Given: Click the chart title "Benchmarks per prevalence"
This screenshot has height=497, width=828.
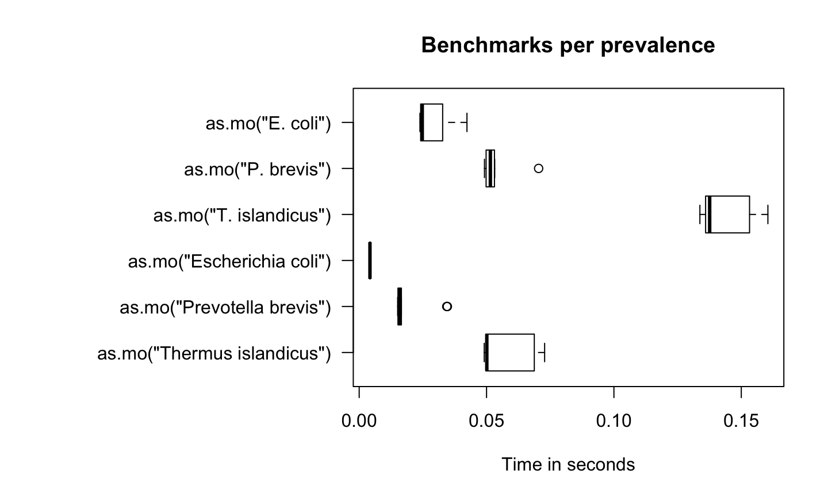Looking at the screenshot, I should [x=568, y=45].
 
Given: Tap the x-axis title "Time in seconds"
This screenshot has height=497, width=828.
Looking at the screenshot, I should [x=568, y=464].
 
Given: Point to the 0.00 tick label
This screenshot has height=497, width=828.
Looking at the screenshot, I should [x=359, y=421].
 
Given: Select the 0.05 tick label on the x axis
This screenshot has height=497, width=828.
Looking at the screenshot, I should [x=486, y=421].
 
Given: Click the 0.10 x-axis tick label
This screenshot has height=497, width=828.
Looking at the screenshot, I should [x=614, y=421].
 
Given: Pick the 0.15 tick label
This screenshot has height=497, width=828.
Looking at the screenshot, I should [x=741, y=421].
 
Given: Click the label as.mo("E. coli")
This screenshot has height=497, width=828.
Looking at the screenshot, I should [x=268, y=123].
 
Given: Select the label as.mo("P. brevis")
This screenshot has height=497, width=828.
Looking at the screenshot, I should [x=257, y=169].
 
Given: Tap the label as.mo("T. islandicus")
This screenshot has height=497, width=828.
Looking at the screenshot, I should [x=242, y=215].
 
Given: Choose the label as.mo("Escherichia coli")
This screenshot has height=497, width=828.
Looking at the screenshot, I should [x=229, y=261].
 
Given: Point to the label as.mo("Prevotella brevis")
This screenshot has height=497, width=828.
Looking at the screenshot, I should [x=225, y=307].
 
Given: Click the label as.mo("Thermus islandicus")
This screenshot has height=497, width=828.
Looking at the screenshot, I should [x=214, y=353].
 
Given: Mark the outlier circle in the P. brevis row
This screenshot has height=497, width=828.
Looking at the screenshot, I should [x=538, y=169].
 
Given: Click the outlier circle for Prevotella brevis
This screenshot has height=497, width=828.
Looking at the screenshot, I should [x=447, y=306].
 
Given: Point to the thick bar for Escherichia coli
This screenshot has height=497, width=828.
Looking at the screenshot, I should [x=370, y=261].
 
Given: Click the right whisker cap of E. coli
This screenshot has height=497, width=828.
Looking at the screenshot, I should [x=467, y=122].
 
